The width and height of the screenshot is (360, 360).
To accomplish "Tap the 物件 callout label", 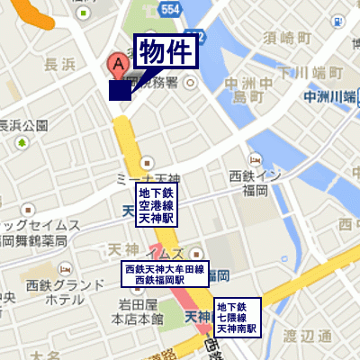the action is pyautogui.click(x=166, y=53).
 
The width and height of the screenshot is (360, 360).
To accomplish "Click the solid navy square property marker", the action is pyautogui.click(x=120, y=90).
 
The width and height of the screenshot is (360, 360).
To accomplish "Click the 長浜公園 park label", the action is pyautogui.click(x=22, y=125).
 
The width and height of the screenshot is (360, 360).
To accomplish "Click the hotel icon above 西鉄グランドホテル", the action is pyautogui.click(x=64, y=269).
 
